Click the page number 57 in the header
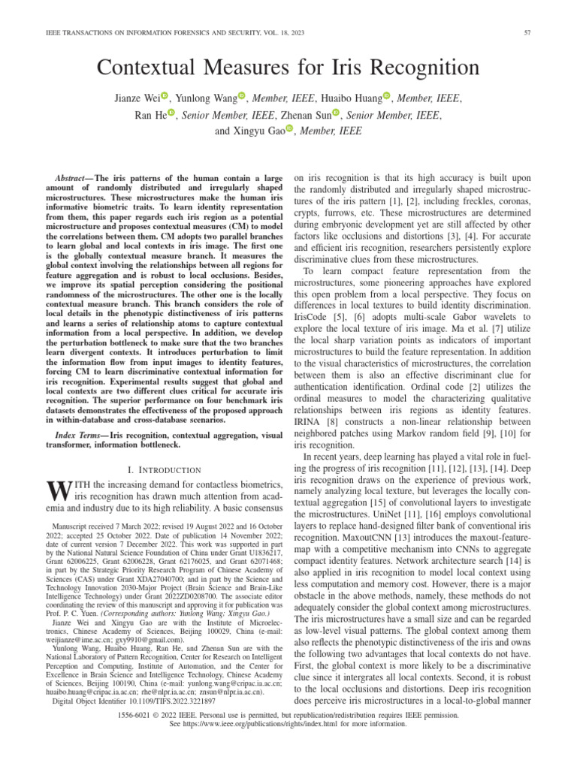[549, 32]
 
